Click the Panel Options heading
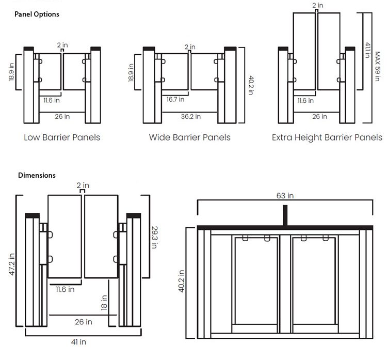tap(36, 14)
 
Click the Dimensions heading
tap(37, 175)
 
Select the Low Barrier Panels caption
tap(62, 137)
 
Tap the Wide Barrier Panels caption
tap(189, 137)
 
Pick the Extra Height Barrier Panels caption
tap(327, 137)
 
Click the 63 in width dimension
tap(285, 196)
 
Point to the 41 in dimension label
tap(79, 342)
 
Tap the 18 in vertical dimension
tap(105, 303)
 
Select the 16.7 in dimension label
tap(175, 99)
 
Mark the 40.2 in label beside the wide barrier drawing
tap(251, 85)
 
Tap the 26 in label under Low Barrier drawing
tap(62, 117)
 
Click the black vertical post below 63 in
tap(285, 215)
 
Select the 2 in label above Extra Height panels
tap(318, 6)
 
